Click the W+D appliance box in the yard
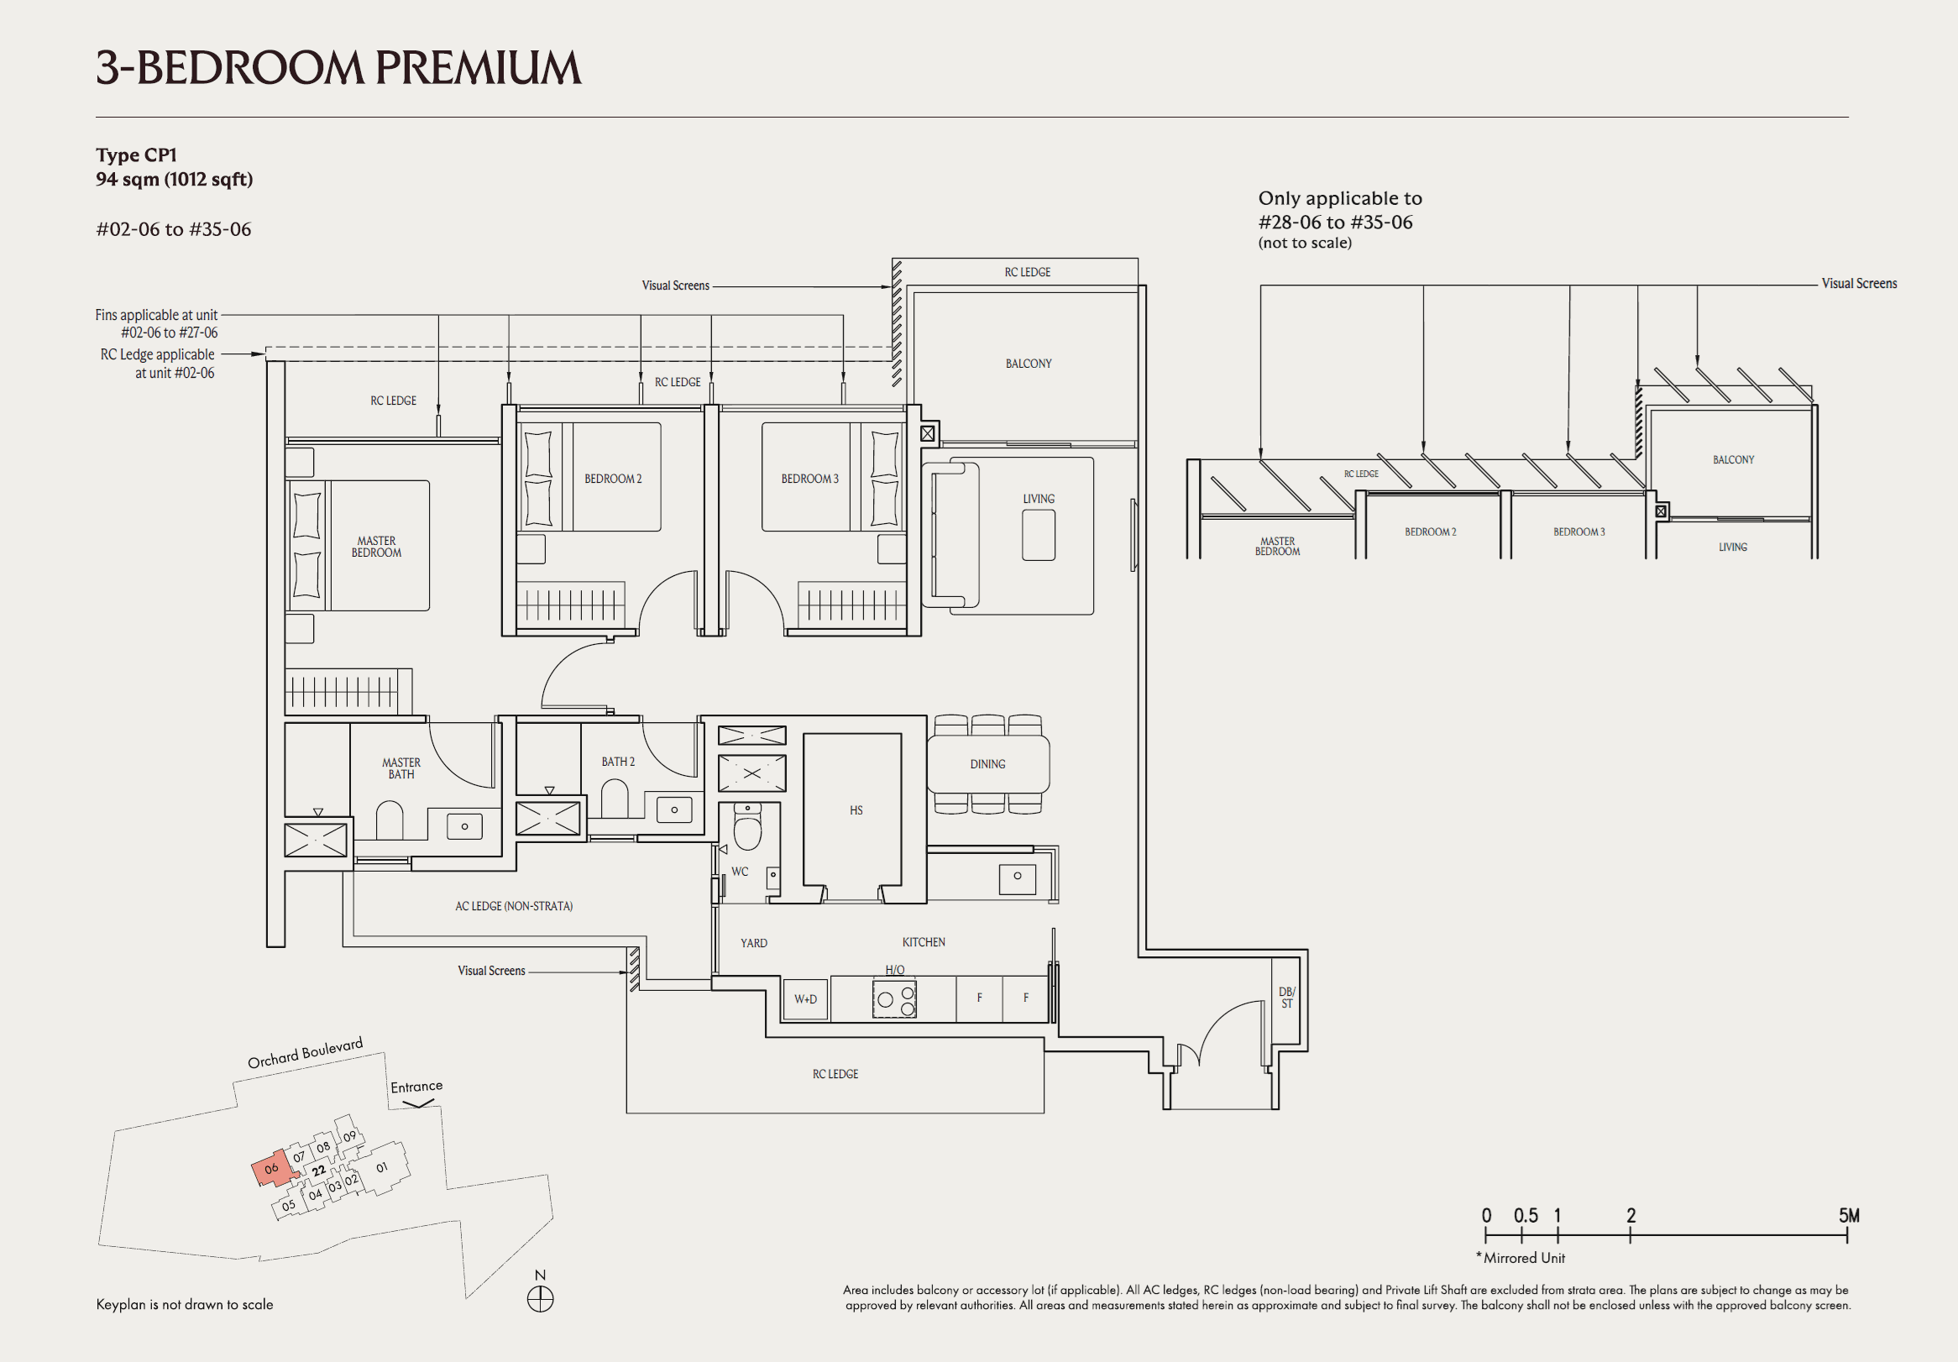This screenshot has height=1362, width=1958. pos(805,998)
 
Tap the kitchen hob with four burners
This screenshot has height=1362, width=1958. pos(894,998)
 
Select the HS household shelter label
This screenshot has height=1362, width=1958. pos(856,810)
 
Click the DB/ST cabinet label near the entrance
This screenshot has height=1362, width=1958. pos(1287,997)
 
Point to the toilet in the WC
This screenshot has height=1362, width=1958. pos(748,829)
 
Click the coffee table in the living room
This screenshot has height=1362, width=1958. pos(1038,535)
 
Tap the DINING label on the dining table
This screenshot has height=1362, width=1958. pos(987,764)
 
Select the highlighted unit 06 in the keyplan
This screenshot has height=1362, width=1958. pos(272,1169)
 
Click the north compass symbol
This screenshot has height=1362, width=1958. pos(540,1299)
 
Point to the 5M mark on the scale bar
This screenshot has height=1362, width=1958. pos(1848,1216)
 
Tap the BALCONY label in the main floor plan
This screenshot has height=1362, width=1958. pos(1028,364)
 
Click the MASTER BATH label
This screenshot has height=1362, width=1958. pos(400,768)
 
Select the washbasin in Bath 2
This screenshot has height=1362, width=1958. pos(673,809)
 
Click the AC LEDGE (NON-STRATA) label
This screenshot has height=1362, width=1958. pos(513,906)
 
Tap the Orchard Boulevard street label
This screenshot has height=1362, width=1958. pos(305,1053)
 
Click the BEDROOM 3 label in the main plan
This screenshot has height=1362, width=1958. pos(809,479)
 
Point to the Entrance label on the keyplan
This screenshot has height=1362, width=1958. pos(416,1087)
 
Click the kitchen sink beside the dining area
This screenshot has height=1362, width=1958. pos(1017,877)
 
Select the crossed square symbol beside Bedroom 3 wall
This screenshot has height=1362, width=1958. pos(927,434)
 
